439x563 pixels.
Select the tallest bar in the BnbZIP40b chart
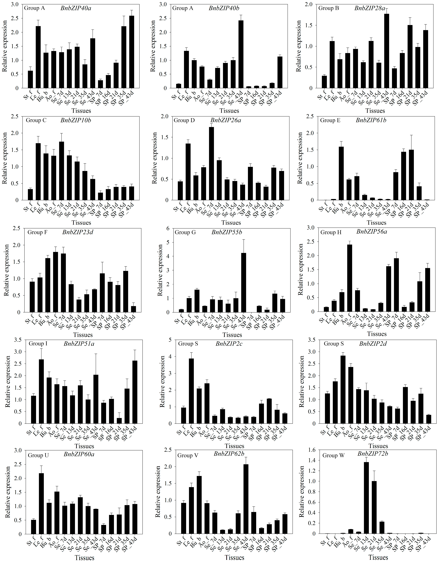(x=241, y=54)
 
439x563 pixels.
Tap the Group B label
(x=329, y=8)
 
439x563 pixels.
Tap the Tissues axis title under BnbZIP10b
(x=81, y=222)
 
